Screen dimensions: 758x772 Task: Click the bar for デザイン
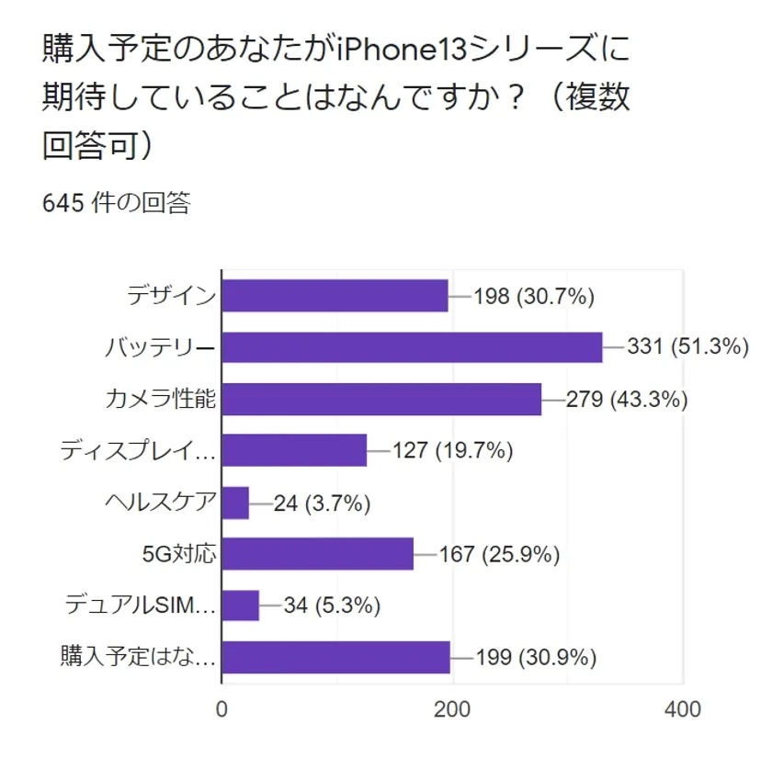(x=335, y=296)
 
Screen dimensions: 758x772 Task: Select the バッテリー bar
(x=413, y=347)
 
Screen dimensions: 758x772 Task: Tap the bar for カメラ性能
(x=381, y=399)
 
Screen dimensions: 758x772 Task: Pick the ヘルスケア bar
(x=236, y=503)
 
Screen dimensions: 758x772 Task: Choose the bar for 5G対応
(x=318, y=554)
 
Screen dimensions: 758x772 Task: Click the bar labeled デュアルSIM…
(x=241, y=605)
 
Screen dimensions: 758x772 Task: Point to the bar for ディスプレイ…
(x=295, y=450)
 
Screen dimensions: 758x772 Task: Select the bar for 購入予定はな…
(x=336, y=658)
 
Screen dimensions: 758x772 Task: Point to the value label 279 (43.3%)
(x=627, y=399)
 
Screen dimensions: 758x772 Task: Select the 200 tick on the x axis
(x=452, y=709)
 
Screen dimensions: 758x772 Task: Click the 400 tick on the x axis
(x=682, y=709)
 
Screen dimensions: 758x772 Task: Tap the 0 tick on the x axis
(x=222, y=709)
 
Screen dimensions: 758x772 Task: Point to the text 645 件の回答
(x=116, y=203)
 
